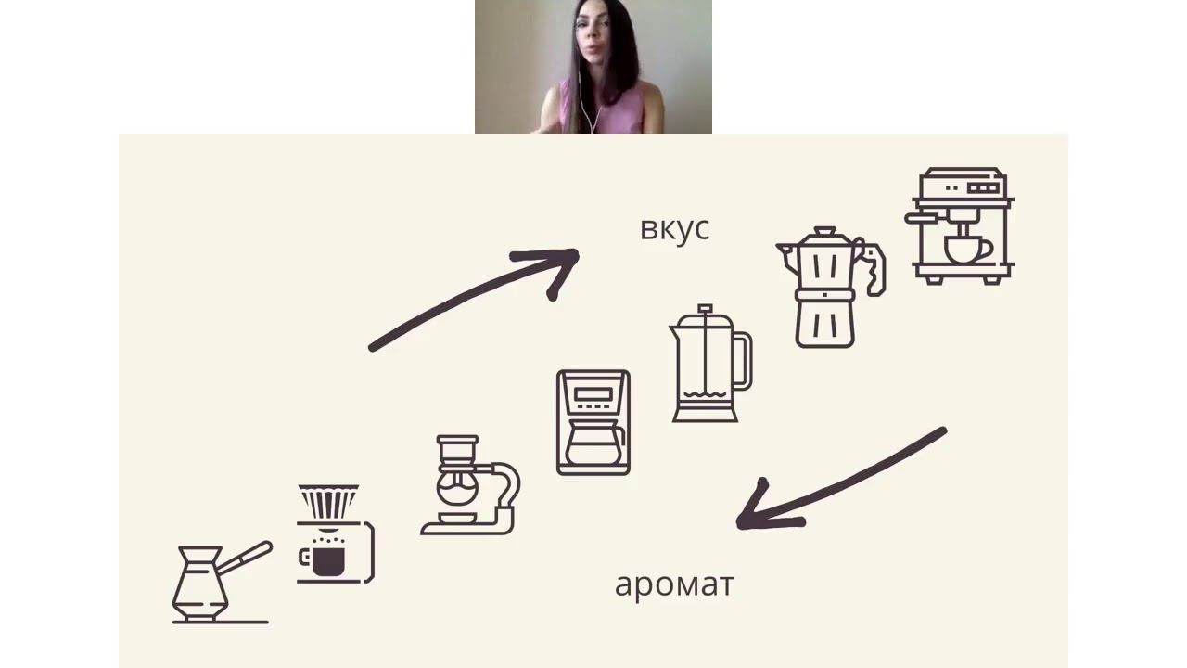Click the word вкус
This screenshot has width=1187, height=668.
pos(674,229)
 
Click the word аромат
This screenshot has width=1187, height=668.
pos(674,585)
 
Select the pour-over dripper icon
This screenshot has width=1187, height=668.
pos(336,533)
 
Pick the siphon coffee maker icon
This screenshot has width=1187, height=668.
pos(470,484)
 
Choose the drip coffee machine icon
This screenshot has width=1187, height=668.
pos(593,422)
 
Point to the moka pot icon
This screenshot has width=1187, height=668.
pos(830,287)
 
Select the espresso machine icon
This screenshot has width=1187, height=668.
pos(960,226)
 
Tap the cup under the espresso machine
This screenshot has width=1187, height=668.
pos(967,250)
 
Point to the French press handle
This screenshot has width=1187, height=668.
pos(744,362)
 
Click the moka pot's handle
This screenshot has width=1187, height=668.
pos(874,269)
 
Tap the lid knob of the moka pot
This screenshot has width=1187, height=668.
pos(825,231)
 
